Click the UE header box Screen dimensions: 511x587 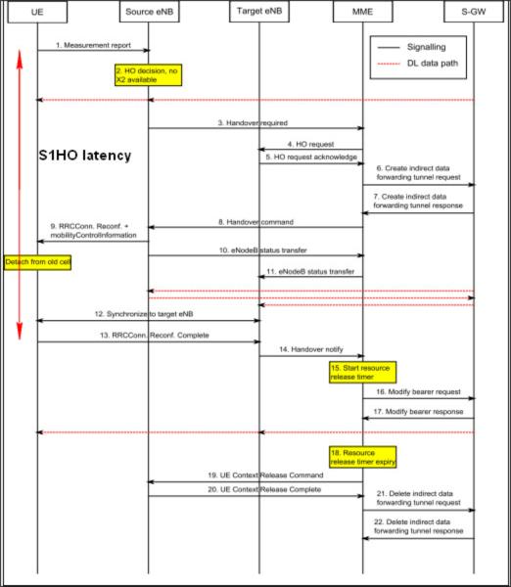coord(37,12)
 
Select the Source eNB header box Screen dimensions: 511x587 coord(150,12)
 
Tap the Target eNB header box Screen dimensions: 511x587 coord(259,11)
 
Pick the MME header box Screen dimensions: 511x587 coord(362,12)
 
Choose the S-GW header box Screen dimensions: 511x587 coord(474,12)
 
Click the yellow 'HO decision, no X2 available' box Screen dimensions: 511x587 coord(149,75)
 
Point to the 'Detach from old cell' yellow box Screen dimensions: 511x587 coord(37,262)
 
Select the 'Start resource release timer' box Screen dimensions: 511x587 coord(362,372)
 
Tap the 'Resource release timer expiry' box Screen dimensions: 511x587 coord(362,457)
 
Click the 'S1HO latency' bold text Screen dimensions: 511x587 coord(85,155)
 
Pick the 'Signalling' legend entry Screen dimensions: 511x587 coord(427,47)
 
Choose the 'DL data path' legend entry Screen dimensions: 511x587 coord(433,63)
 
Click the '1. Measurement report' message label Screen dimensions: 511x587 coord(93,45)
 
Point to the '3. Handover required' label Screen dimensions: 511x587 coord(253,123)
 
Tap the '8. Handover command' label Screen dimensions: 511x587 coord(255,222)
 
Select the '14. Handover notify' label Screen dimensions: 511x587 coord(311,349)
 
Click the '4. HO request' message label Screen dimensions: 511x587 coord(310,144)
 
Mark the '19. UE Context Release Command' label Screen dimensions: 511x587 coord(265,475)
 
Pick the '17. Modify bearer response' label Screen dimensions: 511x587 coord(418,412)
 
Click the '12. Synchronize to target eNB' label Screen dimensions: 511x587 coord(144,314)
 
